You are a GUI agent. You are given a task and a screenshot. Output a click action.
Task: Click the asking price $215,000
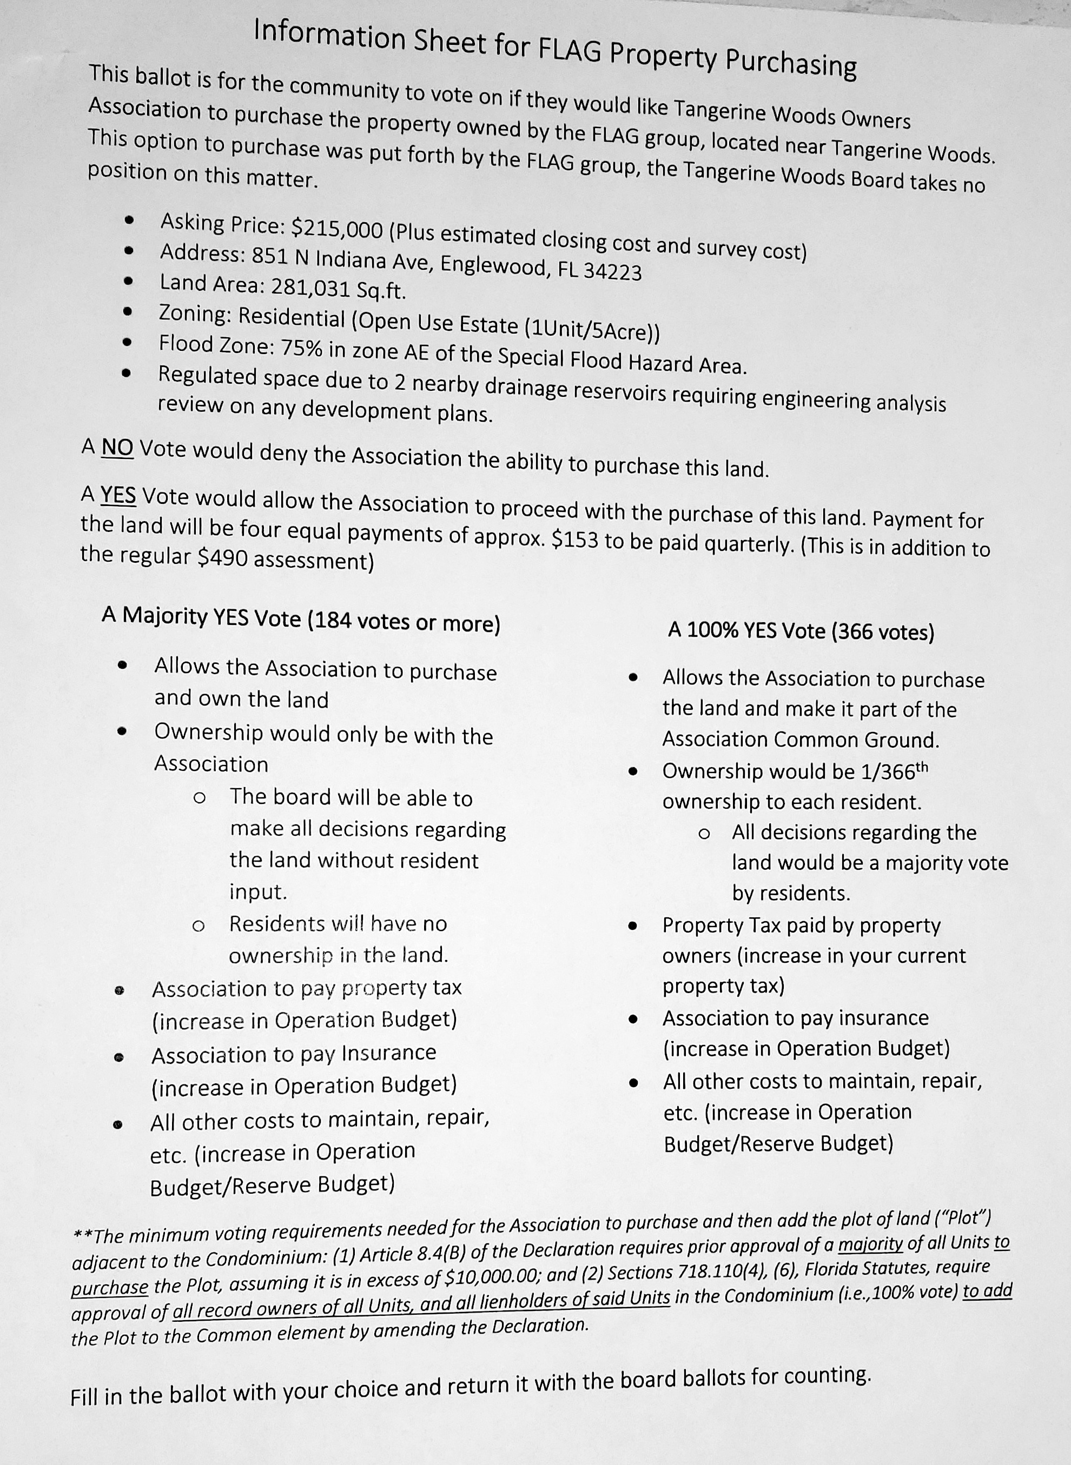(x=336, y=228)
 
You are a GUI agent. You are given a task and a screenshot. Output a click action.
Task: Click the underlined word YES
(x=118, y=496)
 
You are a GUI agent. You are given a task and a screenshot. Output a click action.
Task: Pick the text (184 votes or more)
(x=403, y=622)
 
